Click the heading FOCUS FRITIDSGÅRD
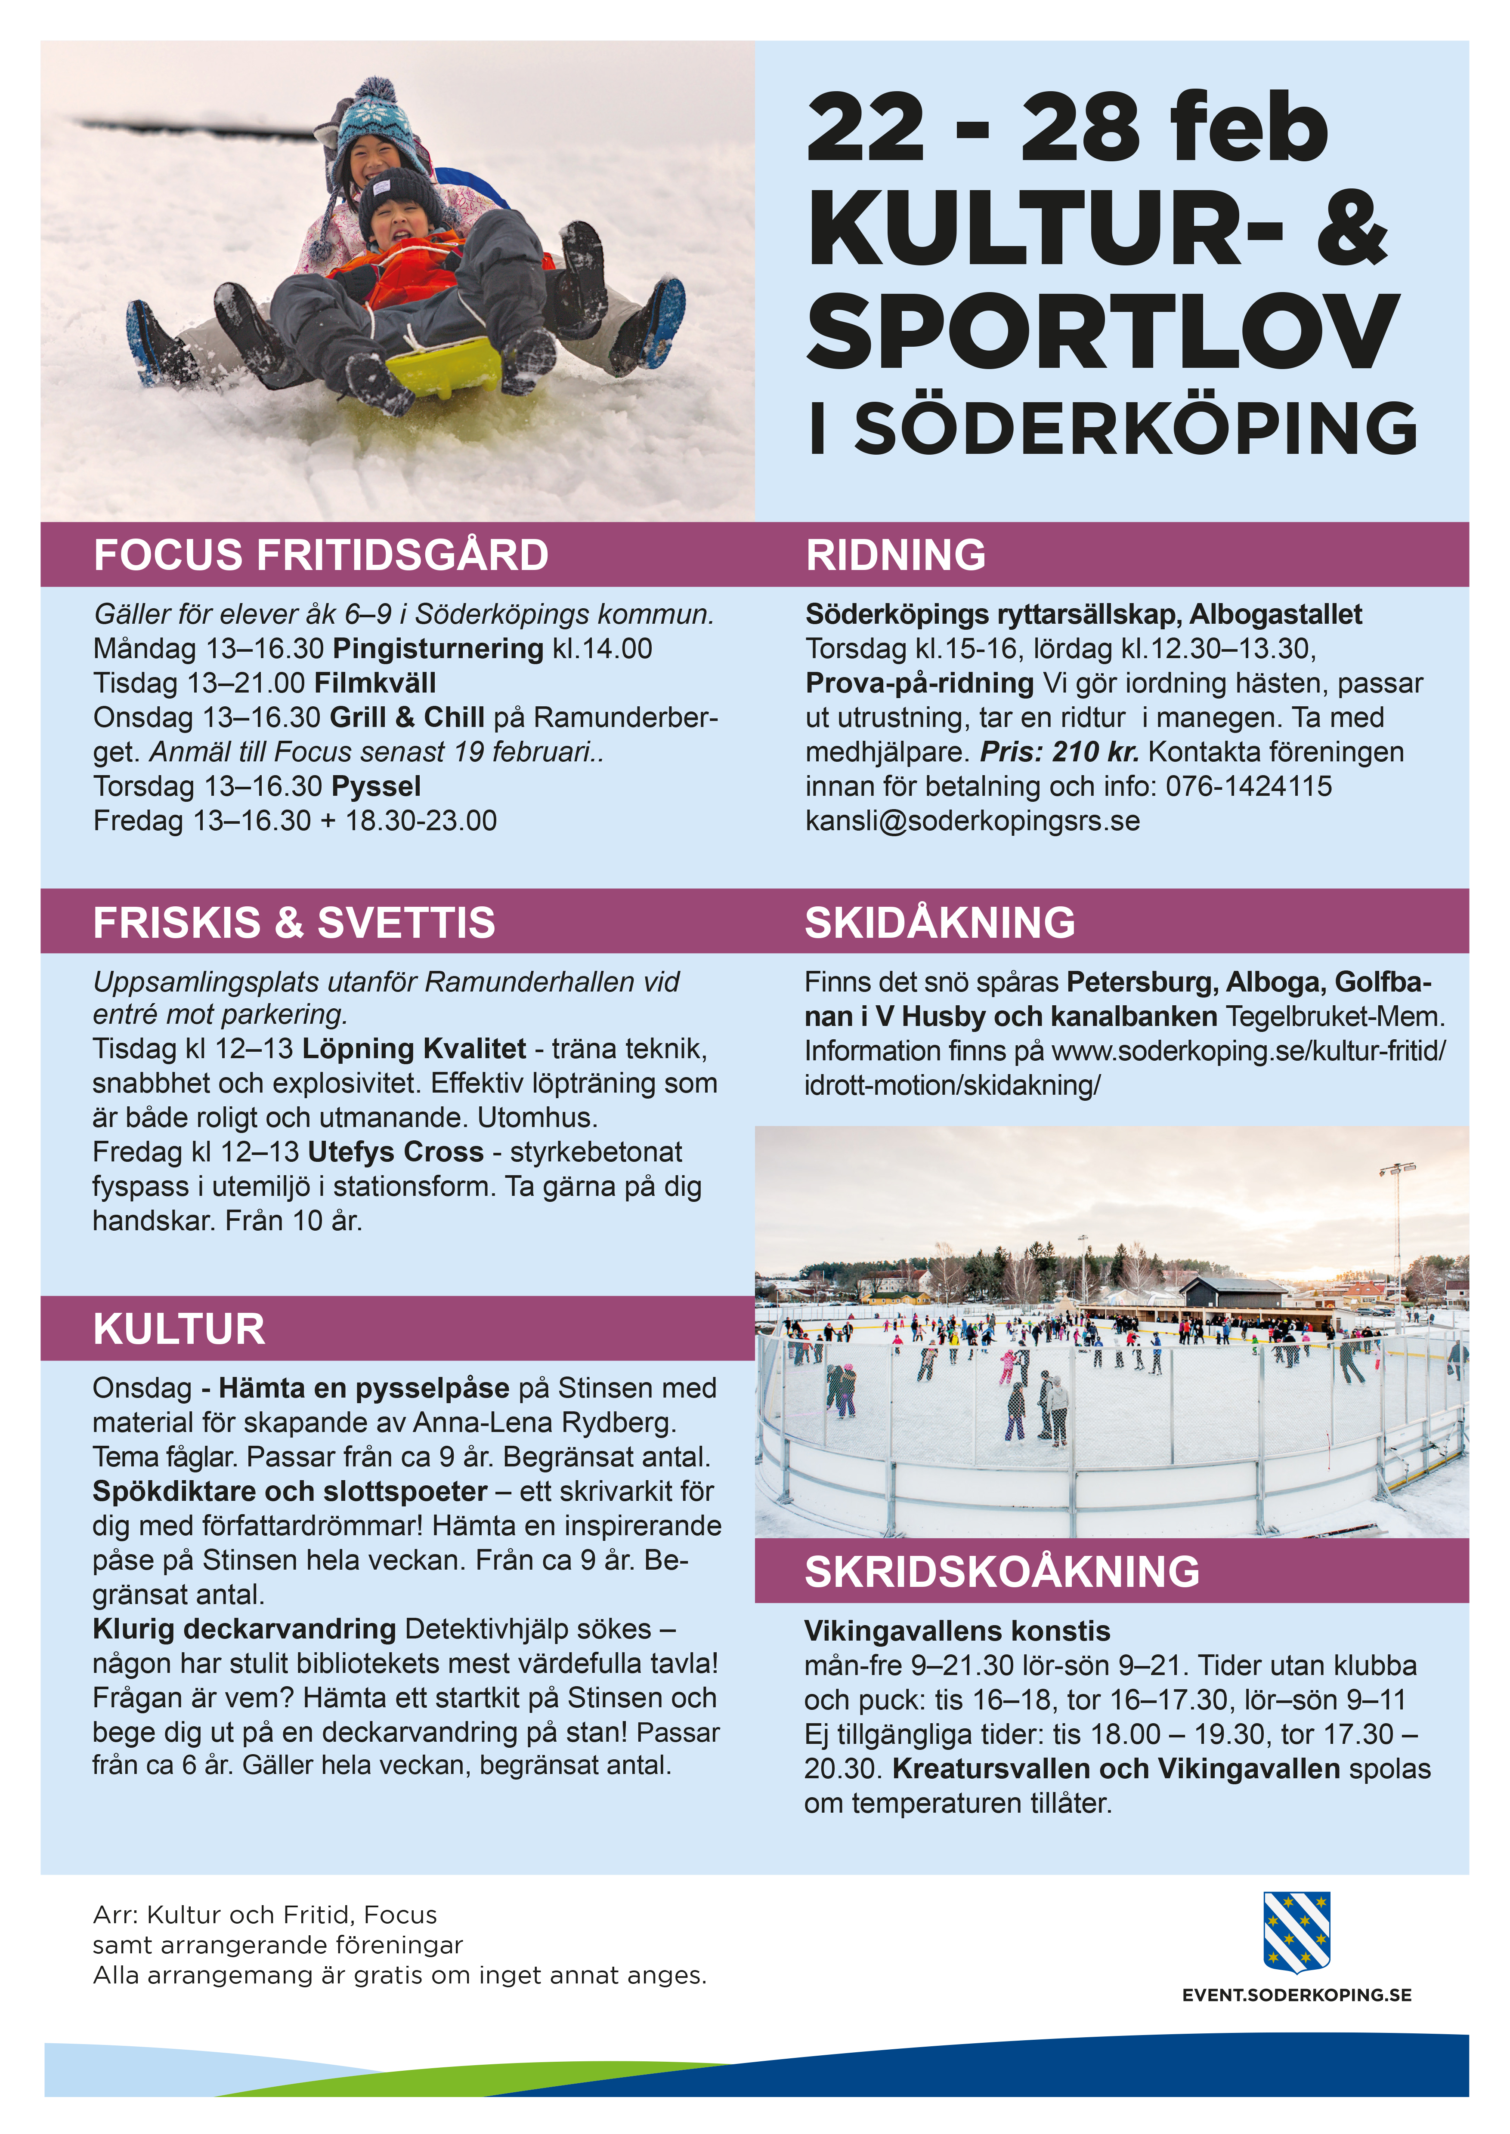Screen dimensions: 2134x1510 pos(321,555)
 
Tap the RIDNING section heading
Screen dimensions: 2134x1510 pos(895,555)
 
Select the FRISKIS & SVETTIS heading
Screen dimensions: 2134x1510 pos(294,923)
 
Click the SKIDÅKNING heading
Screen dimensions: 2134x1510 pos(940,923)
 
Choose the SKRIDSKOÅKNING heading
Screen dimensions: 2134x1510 pos(1001,1572)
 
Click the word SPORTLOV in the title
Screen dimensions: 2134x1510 pos(1102,330)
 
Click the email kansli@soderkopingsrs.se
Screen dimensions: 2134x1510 pos(972,821)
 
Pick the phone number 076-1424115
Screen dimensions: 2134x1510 pos(1249,786)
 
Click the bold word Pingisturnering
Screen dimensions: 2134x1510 pos(438,649)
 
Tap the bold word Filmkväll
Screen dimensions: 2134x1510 pos(375,683)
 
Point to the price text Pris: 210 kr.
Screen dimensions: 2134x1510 pos(1059,752)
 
